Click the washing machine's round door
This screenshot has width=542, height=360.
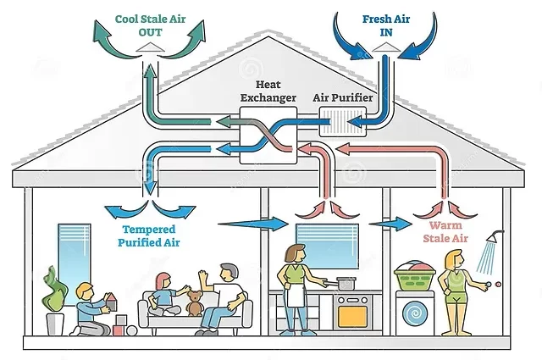click(415, 313)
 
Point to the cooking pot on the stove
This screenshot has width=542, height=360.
click(346, 282)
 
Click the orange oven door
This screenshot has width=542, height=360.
click(351, 316)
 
